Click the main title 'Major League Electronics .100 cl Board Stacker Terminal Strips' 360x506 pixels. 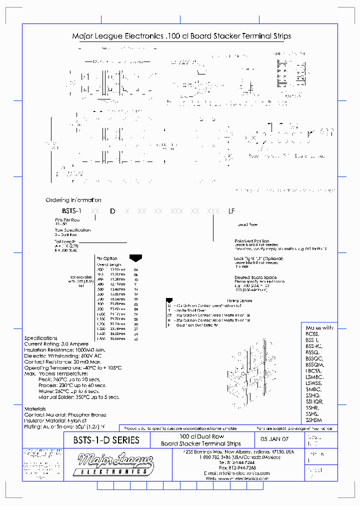click(x=181, y=36)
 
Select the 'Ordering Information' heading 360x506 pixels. click(x=73, y=200)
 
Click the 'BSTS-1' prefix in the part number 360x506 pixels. click(x=71, y=211)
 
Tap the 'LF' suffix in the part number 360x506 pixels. click(x=231, y=211)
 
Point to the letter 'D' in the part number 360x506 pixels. click(x=112, y=211)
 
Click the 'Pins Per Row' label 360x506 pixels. click(x=67, y=220)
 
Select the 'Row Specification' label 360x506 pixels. click(x=73, y=230)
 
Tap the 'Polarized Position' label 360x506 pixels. click(x=252, y=241)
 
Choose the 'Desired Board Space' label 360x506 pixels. click(x=255, y=277)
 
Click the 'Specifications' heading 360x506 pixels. click(x=41, y=338)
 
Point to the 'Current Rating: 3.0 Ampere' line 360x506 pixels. click(x=56, y=344)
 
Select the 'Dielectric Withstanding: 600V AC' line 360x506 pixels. click(x=63, y=355)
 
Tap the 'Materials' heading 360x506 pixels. click(x=35, y=408)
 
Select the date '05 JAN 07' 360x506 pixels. click(x=271, y=441)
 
